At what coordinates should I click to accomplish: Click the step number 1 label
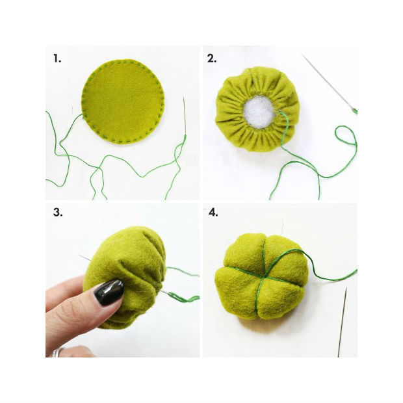(57, 58)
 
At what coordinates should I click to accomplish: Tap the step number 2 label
(211, 58)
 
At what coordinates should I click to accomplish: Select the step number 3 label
(58, 213)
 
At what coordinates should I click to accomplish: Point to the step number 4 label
(213, 213)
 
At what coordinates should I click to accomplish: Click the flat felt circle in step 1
(123, 101)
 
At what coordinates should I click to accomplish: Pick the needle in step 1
(185, 117)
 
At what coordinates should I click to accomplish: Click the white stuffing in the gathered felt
(259, 112)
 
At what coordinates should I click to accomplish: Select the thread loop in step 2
(346, 136)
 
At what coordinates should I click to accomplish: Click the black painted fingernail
(109, 292)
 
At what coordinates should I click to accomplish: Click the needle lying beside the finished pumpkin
(342, 322)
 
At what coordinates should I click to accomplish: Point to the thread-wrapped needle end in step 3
(180, 297)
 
